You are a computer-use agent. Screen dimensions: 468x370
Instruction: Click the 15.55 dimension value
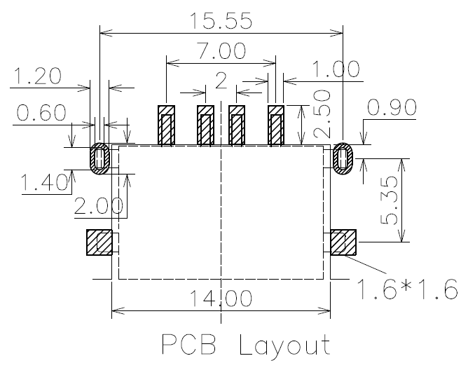pyautogui.click(x=221, y=21)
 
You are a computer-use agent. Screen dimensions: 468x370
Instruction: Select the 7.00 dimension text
pyautogui.click(x=222, y=50)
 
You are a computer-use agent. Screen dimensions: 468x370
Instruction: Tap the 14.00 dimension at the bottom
pyautogui.click(x=221, y=298)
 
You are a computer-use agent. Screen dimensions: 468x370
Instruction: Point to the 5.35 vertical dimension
pyautogui.click(x=390, y=200)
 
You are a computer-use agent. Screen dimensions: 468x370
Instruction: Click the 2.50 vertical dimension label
pyautogui.click(x=322, y=114)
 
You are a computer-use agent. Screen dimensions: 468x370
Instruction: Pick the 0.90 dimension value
pyautogui.click(x=392, y=107)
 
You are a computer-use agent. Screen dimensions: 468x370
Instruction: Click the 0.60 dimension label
pyautogui.click(x=41, y=113)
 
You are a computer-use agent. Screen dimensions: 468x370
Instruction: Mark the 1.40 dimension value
pyautogui.click(x=44, y=182)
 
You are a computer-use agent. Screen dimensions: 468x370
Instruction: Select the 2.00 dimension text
pyautogui.click(x=98, y=206)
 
